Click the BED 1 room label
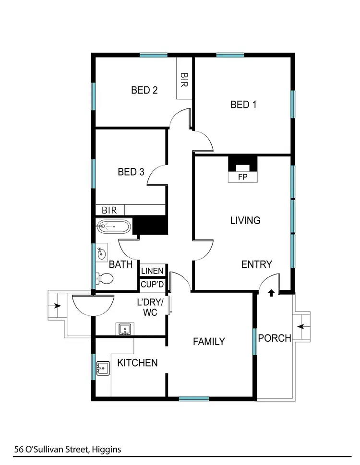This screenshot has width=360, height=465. coord(243,105)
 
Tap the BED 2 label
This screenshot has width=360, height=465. coord(144,90)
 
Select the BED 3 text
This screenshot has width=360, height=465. coord(131,172)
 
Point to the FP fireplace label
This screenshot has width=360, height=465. coord(243,177)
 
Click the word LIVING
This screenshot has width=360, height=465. coord(245,221)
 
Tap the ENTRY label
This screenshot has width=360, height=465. coord(256,264)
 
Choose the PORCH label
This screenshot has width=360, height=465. coord(275,338)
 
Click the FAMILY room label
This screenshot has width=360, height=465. coord(209,342)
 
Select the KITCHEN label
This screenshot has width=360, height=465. coord(138,363)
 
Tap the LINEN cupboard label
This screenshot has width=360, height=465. coord(152,271)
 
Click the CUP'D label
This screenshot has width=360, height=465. coord(152,284)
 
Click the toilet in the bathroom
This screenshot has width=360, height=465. coord(104,278)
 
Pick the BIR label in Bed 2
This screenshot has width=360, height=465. coord(184,79)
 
